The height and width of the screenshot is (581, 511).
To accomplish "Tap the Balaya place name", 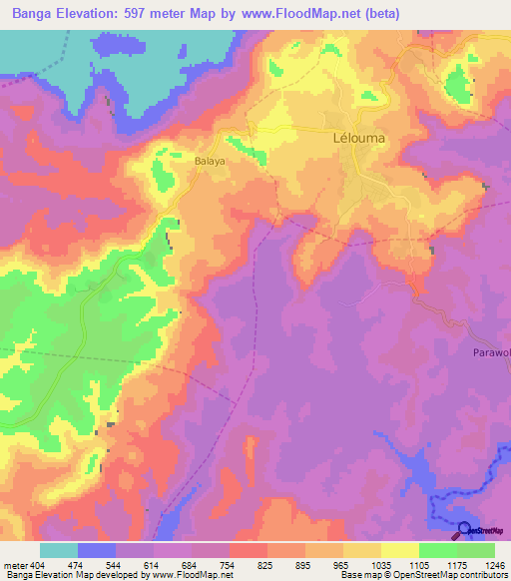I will pyautogui.click(x=209, y=160).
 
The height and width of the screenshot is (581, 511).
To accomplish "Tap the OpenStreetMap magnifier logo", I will pyautogui.click(x=463, y=530).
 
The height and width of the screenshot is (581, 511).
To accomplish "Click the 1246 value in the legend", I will pyautogui.click(x=490, y=564).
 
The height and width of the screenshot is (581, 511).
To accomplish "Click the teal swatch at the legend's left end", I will pyautogui.click(x=58, y=550).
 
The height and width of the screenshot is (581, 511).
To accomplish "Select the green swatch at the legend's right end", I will pyautogui.click(x=475, y=550).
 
